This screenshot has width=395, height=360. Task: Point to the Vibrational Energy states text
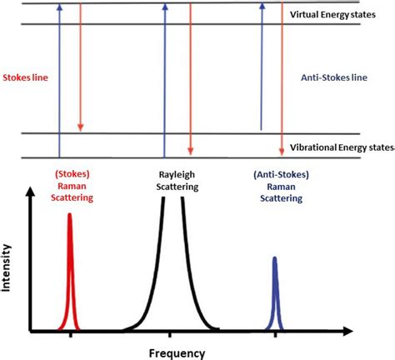342,147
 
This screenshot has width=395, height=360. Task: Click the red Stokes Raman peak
70,275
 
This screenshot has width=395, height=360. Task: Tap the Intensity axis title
8,264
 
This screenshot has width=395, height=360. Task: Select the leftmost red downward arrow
80,67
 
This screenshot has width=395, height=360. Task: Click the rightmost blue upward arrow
262,67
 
